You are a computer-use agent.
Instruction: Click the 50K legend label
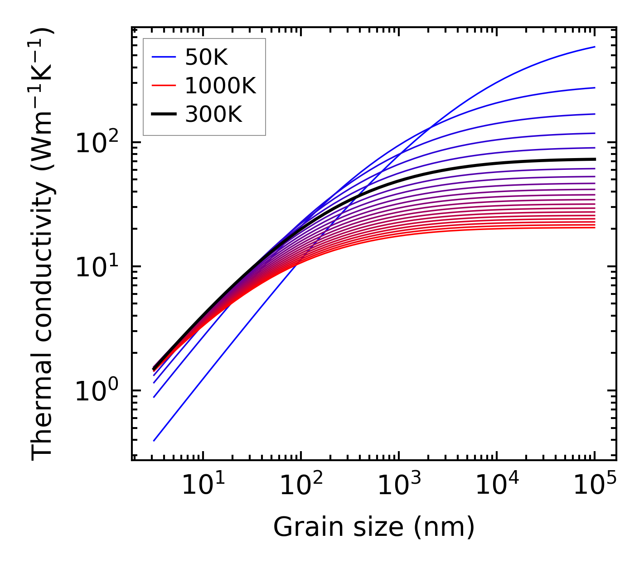(x=206, y=57)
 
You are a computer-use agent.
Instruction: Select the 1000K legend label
(x=220, y=86)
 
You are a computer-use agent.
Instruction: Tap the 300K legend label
(x=213, y=115)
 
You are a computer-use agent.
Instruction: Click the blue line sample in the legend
(x=163, y=57)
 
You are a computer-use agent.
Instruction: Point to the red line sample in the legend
(x=163, y=86)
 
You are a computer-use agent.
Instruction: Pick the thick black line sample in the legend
(x=163, y=115)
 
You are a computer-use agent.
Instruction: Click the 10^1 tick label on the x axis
(x=203, y=486)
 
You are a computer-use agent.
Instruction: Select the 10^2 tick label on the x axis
(x=301, y=486)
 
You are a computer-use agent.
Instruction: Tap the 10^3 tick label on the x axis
(x=399, y=486)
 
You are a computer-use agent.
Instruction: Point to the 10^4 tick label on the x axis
(x=497, y=486)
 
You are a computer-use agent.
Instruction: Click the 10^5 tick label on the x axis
(x=595, y=486)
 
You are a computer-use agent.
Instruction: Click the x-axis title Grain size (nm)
(x=374, y=527)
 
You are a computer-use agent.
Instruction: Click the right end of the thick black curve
(x=595, y=159)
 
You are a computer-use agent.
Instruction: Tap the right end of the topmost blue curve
(x=595, y=47)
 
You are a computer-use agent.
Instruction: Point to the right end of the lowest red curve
(x=595, y=227)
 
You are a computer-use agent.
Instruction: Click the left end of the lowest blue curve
(x=154, y=441)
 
